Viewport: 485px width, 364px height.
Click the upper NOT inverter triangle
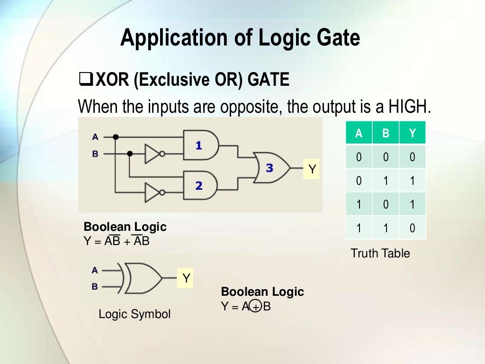coord(153,154)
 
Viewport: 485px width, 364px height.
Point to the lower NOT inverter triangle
coord(153,193)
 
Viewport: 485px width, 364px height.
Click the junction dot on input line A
coord(115,137)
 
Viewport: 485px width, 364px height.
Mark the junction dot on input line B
coord(130,154)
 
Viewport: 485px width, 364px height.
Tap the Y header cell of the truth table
coord(412,133)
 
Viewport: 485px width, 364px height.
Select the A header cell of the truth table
coord(359,133)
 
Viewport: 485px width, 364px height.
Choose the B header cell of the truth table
coord(386,133)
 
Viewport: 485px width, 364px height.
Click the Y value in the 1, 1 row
coord(412,228)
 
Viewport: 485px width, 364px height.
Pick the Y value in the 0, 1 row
coord(412,181)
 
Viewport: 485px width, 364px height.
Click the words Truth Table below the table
coord(380,253)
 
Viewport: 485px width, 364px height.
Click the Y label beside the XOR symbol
coord(186,279)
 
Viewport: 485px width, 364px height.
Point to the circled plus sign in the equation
coord(256,308)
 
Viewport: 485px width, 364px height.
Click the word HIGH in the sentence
coord(408,107)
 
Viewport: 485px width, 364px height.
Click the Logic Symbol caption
coord(134,314)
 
